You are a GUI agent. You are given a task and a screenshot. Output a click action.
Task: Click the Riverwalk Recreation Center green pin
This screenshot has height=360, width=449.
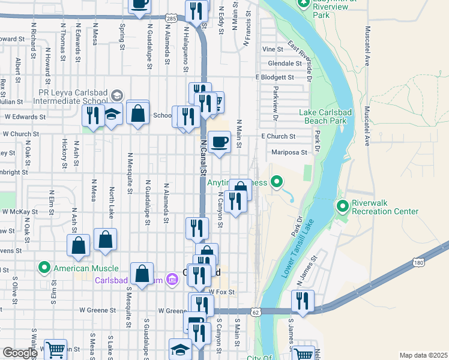343,207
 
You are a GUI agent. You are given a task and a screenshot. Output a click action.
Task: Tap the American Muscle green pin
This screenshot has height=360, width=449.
44,268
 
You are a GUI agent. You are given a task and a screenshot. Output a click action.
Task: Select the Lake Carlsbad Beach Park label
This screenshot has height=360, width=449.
323,116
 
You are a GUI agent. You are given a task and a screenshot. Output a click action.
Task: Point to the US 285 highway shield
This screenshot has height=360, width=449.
171,20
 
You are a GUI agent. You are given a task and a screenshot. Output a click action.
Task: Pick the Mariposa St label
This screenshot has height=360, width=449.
289,152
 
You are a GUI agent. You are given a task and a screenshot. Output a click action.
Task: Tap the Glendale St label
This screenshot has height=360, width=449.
285,63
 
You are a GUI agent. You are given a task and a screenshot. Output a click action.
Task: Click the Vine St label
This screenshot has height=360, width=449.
273,49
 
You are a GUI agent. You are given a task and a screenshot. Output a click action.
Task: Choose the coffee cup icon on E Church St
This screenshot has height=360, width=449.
219,142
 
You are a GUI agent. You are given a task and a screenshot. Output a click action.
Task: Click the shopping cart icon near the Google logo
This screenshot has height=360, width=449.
55,349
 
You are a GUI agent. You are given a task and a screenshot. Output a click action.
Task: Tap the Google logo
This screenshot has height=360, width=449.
20,353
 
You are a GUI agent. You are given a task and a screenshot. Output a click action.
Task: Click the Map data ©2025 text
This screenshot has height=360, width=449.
423,355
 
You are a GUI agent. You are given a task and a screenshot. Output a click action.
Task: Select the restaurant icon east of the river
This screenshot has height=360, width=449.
303,301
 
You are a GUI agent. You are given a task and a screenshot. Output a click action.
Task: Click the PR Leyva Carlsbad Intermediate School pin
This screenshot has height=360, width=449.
116,95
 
